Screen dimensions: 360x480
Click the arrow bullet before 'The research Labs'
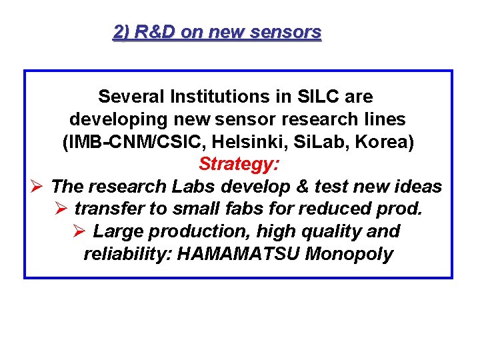click(x=38, y=187)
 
